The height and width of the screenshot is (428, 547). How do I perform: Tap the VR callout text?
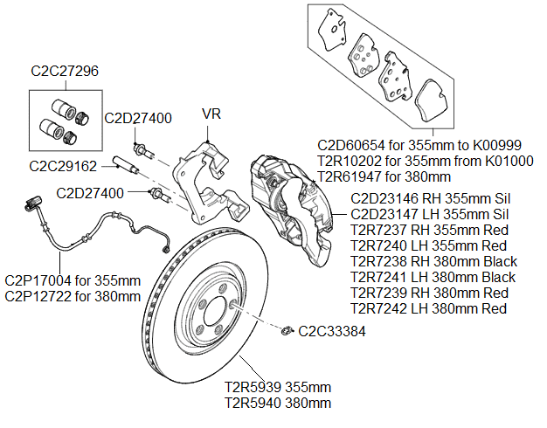point(212,114)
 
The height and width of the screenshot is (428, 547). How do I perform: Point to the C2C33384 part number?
point(332,331)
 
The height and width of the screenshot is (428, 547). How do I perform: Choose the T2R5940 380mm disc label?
point(278,403)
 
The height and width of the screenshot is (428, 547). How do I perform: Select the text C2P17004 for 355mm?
point(73,281)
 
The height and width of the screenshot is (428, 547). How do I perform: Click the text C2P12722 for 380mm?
point(73,296)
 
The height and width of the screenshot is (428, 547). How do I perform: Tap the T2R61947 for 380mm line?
point(384,175)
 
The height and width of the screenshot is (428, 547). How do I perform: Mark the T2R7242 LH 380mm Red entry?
point(429,308)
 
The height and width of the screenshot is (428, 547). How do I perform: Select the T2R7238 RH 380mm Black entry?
point(433,261)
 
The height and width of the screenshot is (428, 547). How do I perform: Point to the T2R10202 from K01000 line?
point(426,160)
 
